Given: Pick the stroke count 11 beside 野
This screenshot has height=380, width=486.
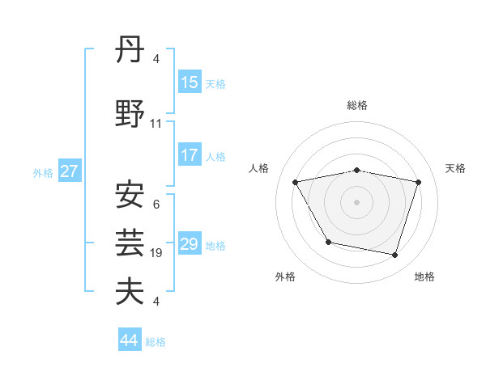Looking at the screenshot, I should [156, 124].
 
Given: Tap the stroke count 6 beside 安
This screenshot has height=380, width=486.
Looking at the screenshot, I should [156, 205].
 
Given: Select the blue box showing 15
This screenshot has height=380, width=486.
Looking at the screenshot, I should [190, 82].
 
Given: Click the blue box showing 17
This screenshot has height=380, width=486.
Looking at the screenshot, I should [190, 155].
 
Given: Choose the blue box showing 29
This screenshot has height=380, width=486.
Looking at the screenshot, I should [190, 244].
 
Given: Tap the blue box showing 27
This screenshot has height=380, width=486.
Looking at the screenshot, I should [69, 171].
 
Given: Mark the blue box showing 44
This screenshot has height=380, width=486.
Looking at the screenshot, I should [130, 340].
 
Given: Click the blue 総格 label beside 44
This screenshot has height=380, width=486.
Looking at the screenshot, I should [156, 342].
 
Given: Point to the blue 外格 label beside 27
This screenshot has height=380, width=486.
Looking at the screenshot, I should [43, 172].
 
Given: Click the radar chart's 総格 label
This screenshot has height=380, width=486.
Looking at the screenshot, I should [357, 105].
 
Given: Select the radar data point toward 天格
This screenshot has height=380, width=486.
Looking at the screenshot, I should [419, 182].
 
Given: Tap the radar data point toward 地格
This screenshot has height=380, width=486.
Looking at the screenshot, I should [394, 255].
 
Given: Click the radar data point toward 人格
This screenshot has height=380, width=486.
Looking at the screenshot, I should [295, 182].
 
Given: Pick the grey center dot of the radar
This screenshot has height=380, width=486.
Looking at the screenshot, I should [357, 202].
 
